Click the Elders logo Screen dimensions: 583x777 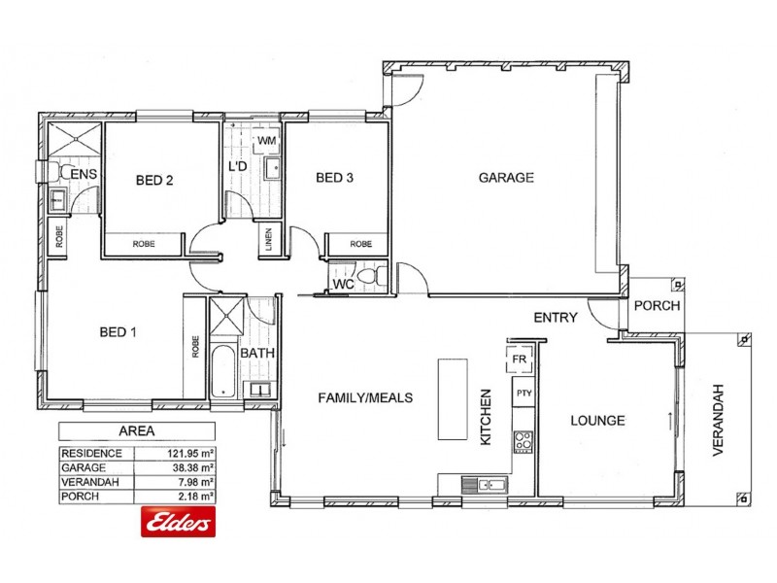click(179, 523)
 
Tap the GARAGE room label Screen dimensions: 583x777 click(506, 178)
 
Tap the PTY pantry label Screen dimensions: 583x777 click(524, 393)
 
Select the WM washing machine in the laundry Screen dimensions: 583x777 click(267, 142)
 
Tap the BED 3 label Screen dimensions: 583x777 click(335, 178)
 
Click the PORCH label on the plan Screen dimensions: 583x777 click(657, 305)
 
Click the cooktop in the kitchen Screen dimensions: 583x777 click(524, 442)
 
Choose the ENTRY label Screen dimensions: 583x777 click(556, 317)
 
